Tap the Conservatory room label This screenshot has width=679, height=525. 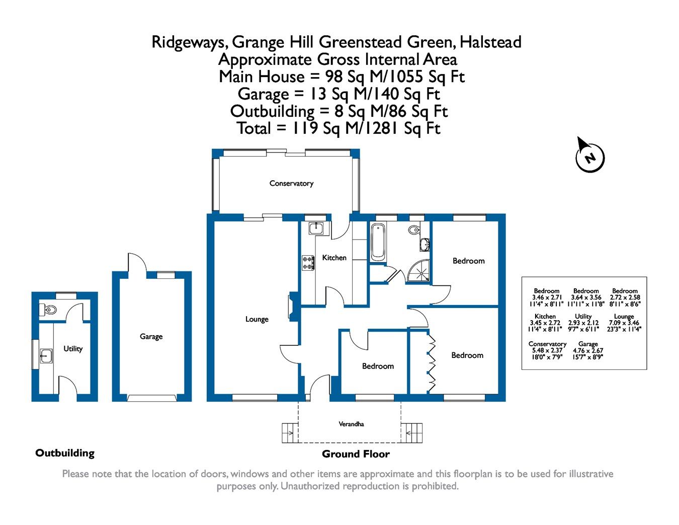(x=291, y=183)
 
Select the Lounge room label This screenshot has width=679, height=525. (x=257, y=319)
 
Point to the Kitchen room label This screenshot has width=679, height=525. (x=334, y=258)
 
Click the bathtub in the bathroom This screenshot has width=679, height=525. (x=378, y=242)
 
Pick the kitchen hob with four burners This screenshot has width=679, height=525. (x=308, y=263)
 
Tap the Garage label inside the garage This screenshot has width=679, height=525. (x=151, y=337)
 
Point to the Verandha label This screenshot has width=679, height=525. (x=351, y=424)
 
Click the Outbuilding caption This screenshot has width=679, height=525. (x=65, y=453)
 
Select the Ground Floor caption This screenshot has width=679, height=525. (x=356, y=454)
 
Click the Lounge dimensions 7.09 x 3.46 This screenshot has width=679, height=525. (x=624, y=323)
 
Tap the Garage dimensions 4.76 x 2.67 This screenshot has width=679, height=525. (x=588, y=350)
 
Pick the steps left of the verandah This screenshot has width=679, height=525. (x=289, y=432)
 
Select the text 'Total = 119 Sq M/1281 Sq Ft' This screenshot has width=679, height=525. (x=338, y=128)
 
